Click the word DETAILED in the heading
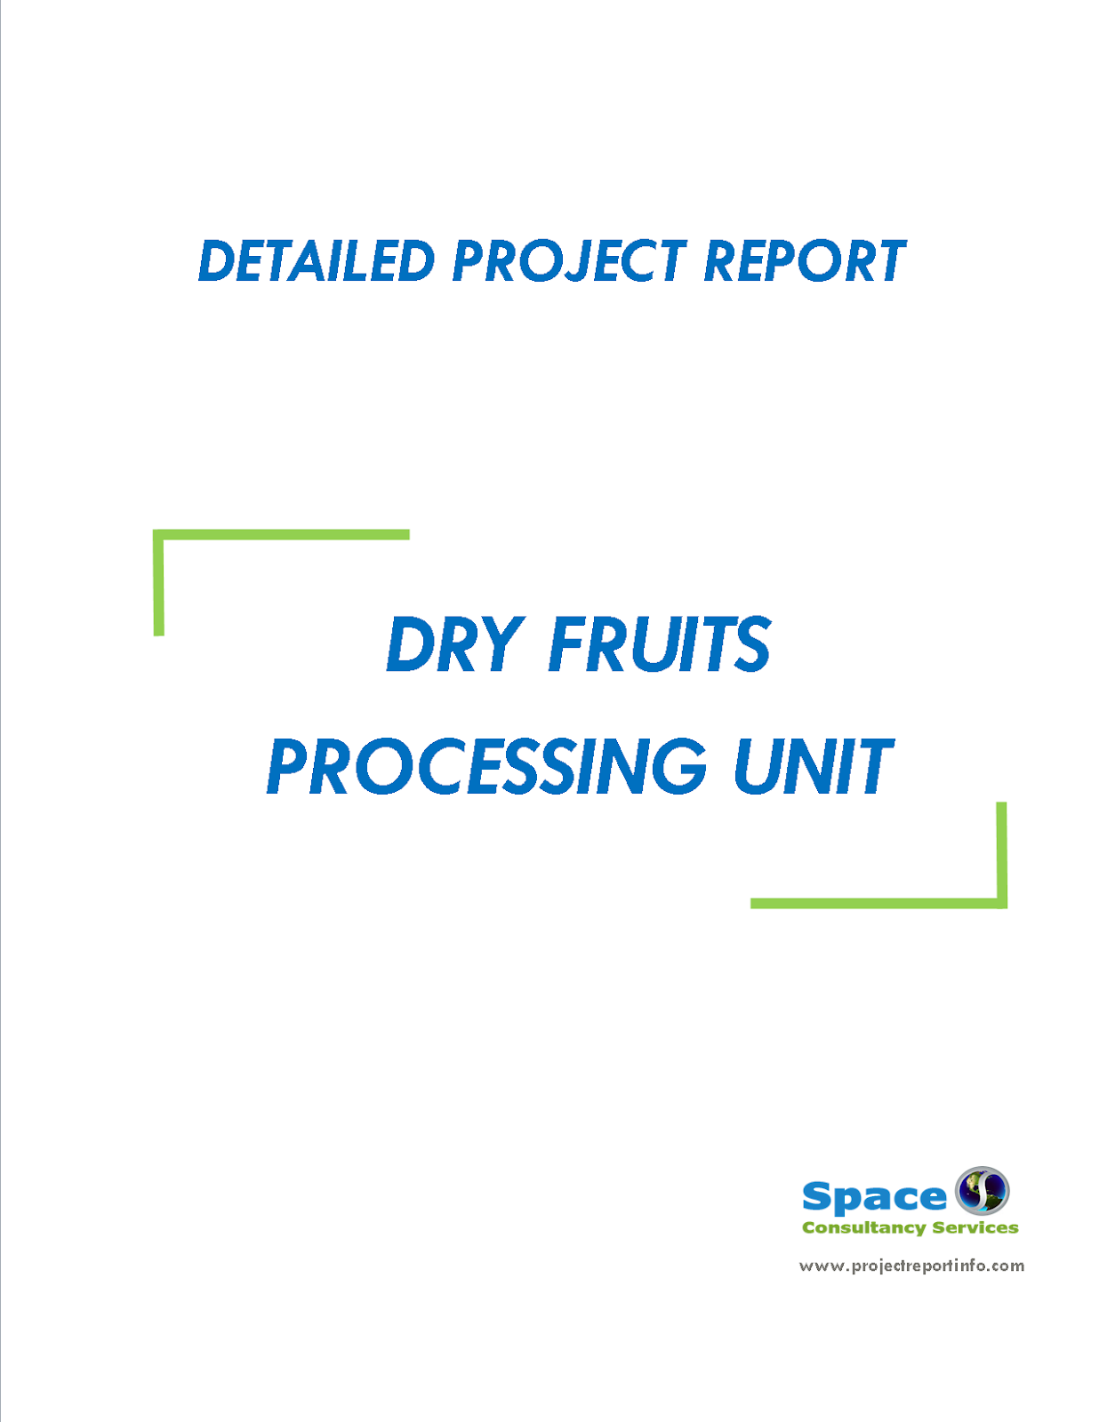[x=316, y=261]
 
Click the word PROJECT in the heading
[x=569, y=261]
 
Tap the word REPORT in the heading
[x=804, y=261]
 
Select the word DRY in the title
[x=453, y=644]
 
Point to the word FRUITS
[x=660, y=644]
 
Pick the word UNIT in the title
[x=812, y=766]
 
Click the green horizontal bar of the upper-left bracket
[x=281, y=535]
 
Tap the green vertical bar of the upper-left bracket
[x=159, y=587]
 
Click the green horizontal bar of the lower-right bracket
[x=876, y=903]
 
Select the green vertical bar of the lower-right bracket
[x=1001, y=853]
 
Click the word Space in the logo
[x=874, y=1197]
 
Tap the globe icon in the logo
[x=982, y=1191]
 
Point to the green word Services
[x=975, y=1228]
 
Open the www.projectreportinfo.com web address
[x=911, y=1266]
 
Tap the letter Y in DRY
[x=497, y=644]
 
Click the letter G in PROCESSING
[x=678, y=766]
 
